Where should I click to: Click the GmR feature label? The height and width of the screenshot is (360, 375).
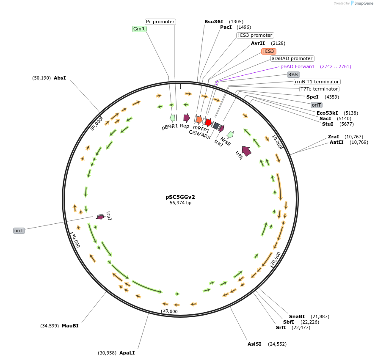139,29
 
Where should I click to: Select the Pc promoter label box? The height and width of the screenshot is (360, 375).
160,22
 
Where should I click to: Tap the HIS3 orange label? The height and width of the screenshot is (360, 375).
268,51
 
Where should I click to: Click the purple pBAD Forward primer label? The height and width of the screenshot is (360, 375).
297,66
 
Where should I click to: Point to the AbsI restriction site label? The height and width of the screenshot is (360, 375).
60,78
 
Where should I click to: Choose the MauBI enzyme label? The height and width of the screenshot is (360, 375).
70,326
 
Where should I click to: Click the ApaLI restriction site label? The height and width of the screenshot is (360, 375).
127,352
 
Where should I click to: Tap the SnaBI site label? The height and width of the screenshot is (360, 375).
297,316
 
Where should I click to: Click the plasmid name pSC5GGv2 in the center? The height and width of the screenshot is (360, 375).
180,197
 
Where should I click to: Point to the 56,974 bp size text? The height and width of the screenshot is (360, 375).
180,203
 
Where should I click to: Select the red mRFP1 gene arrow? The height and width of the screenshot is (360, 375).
208,122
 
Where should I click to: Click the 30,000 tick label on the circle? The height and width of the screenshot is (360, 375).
170,311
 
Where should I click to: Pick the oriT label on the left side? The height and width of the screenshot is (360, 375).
19,231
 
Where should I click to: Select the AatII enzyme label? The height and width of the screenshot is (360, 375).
337,142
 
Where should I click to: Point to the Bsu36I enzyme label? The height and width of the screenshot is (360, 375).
214,22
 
